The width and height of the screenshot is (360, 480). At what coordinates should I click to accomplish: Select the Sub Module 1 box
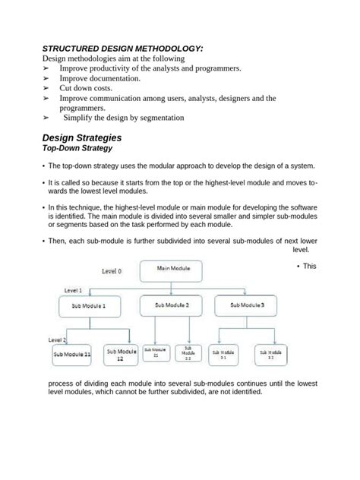coord(90,306)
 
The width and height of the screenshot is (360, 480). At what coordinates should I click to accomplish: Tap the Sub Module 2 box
coord(172,305)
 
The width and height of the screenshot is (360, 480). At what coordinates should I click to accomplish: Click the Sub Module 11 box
coord(71,354)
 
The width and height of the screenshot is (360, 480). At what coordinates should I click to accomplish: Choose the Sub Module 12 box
coord(120,354)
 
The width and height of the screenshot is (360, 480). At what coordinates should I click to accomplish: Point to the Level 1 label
coord(74,290)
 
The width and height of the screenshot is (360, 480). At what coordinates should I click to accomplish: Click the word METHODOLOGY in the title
coord(162,48)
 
